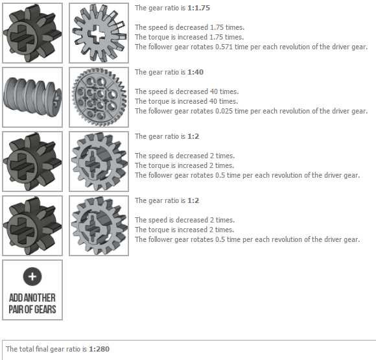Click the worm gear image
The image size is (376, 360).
(x=32, y=97)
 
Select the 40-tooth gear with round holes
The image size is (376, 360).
(x=99, y=97)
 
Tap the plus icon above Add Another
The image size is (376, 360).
(x=32, y=276)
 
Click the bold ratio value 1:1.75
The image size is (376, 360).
(x=198, y=8)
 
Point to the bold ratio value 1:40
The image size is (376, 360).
(x=195, y=72)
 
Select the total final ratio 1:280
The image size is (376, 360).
(x=99, y=349)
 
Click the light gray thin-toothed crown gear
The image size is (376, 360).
(x=99, y=33)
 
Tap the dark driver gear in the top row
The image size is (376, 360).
(x=32, y=33)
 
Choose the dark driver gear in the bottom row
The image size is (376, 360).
(x=32, y=226)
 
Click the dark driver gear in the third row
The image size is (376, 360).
(x=32, y=162)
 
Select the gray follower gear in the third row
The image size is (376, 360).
(x=99, y=162)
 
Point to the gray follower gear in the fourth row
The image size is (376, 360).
(x=99, y=226)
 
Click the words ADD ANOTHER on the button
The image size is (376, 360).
(x=32, y=298)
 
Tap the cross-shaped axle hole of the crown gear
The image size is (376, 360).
(x=97, y=33)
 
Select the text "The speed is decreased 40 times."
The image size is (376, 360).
(x=187, y=91)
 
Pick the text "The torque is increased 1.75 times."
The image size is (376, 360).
(x=189, y=37)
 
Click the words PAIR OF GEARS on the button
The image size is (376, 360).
(x=32, y=309)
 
